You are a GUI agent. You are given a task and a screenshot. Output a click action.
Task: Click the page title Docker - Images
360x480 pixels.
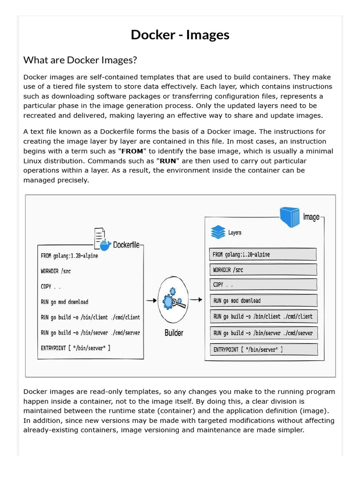[x=180, y=35]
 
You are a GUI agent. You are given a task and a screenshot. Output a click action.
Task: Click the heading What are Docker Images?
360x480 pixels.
[x=80, y=60]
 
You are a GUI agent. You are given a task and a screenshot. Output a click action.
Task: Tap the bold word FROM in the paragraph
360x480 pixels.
[x=132, y=151]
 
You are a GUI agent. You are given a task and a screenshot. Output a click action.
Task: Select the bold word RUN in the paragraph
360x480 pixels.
[x=168, y=161]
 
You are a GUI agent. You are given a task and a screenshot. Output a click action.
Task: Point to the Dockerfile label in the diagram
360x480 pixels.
[x=126, y=244]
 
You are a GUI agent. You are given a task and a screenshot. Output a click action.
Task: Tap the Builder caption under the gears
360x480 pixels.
[x=174, y=333]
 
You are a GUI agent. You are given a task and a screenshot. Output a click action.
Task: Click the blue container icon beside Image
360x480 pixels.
[x=289, y=217]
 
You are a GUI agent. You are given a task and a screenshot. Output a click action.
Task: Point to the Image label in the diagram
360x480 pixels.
[x=311, y=217]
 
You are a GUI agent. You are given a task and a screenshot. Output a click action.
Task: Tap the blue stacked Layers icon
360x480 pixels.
[x=218, y=232]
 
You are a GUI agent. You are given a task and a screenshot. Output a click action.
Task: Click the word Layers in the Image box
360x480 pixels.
[x=235, y=232]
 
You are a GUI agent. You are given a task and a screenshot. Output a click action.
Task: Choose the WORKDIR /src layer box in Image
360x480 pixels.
[x=263, y=270]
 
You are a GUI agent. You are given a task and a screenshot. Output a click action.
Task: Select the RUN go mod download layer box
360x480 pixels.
[x=263, y=300]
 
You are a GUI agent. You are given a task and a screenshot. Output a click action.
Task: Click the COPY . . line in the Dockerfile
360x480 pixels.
[x=51, y=286]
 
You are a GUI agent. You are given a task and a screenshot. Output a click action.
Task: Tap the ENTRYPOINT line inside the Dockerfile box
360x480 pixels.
[x=76, y=348]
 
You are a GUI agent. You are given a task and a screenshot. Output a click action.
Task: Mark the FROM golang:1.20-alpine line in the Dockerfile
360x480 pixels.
[x=69, y=256]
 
